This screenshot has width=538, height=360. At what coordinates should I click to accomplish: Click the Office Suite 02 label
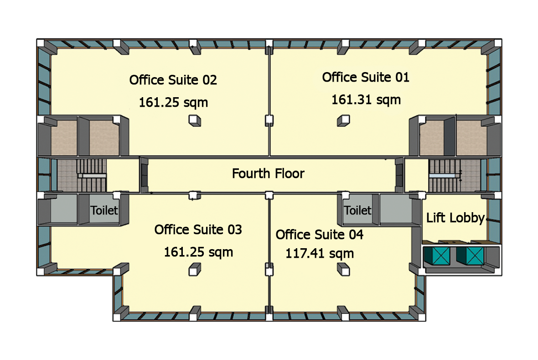click(x=173, y=80)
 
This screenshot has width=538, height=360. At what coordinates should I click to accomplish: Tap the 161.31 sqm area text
click(x=366, y=99)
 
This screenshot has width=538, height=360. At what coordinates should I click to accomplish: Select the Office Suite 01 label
click(x=366, y=78)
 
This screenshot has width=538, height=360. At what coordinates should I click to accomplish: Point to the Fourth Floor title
click(x=268, y=174)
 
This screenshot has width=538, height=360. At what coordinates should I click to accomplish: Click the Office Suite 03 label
click(x=198, y=230)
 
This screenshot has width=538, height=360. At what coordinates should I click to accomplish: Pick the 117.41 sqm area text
click(x=320, y=253)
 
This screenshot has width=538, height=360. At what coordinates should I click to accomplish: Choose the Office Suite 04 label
click(x=320, y=235)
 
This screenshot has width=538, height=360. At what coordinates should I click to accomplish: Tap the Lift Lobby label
click(x=455, y=218)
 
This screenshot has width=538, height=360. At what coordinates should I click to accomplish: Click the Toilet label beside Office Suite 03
click(x=104, y=210)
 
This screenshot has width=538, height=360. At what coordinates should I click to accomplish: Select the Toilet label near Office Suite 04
click(x=358, y=210)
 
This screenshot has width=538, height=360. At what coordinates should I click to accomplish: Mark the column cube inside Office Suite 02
click(x=195, y=121)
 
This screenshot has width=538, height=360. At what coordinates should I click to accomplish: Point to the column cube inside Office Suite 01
click(x=344, y=121)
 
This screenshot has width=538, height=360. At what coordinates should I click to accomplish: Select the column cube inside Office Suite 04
click(x=344, y=270)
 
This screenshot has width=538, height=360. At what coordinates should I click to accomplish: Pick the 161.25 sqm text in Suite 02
click(x=173, y=102)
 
